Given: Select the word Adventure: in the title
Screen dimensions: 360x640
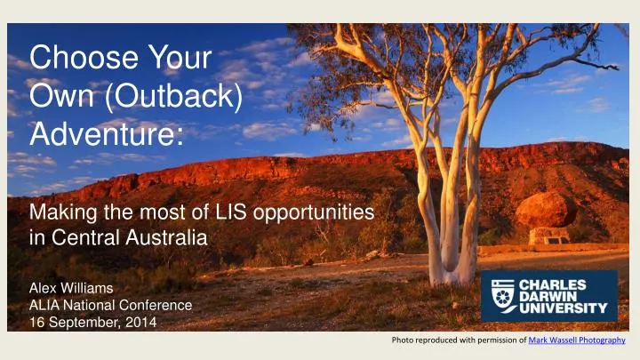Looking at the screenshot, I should (107, 134).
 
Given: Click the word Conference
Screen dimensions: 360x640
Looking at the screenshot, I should (159, 305).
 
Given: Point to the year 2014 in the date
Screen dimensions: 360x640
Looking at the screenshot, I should (141, 322).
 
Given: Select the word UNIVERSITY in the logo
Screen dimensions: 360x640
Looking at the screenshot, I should (568, 310).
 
